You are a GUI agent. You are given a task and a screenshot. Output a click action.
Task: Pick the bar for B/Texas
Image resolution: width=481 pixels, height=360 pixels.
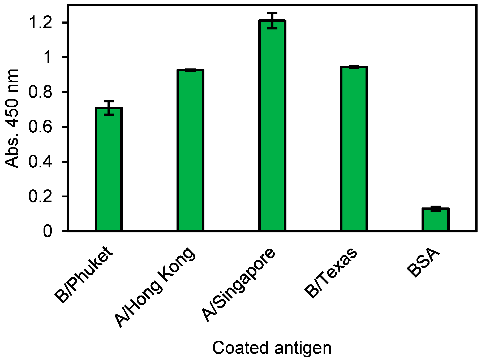[354, 149]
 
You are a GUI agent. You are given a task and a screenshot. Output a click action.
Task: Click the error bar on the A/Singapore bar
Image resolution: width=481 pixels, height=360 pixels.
[272, 20]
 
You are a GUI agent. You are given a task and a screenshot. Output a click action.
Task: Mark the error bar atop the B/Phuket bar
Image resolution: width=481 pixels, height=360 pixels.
[109, 108]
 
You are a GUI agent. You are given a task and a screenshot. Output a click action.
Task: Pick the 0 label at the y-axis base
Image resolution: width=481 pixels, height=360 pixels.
[48, 231]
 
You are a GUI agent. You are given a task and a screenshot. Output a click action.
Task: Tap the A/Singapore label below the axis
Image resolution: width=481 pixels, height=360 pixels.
[239, 284]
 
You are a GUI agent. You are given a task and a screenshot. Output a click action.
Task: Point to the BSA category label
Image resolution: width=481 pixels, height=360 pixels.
[423, 263]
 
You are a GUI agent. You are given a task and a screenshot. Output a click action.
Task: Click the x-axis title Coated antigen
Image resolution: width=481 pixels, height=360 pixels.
[272, 348]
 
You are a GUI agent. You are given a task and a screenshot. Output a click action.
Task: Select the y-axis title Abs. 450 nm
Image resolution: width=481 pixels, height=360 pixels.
[12, 118]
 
